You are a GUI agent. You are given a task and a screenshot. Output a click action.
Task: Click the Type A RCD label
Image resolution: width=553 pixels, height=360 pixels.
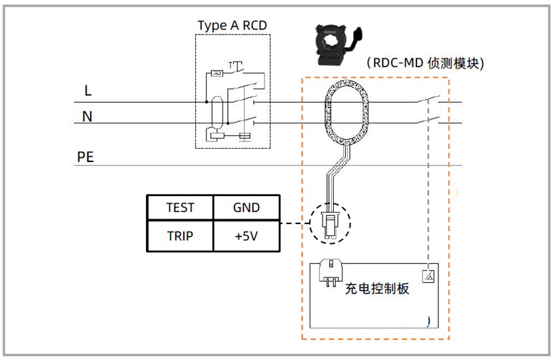point(233,25)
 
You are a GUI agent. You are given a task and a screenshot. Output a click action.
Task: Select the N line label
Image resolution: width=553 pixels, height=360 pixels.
point(87,117)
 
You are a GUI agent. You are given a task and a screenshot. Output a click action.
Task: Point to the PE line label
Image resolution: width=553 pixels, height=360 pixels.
point(85,157)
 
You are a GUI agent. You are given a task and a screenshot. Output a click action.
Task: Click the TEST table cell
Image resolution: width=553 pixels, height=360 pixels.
point(180,207)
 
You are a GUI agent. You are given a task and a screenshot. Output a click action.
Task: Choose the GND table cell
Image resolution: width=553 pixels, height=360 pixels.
point(246,207)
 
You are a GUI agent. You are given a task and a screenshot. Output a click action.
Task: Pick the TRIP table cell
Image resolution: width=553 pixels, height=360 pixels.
point(180,236)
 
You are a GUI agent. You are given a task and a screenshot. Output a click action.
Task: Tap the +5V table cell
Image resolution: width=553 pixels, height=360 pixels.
point(246,236)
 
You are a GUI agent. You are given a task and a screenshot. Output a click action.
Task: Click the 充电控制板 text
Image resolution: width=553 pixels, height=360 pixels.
point(376,289)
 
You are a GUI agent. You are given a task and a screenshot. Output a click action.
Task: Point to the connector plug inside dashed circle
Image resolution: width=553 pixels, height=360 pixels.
point(330,223)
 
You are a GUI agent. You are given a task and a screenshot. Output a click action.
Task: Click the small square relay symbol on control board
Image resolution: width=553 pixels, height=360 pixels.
point(428,275)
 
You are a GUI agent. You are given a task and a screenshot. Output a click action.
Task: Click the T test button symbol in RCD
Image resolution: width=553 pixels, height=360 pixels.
point(237,65)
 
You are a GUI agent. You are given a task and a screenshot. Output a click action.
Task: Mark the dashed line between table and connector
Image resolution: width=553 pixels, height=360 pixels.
point(294,223)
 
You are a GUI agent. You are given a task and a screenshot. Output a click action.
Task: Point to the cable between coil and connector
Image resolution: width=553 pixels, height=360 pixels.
point(336,177)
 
